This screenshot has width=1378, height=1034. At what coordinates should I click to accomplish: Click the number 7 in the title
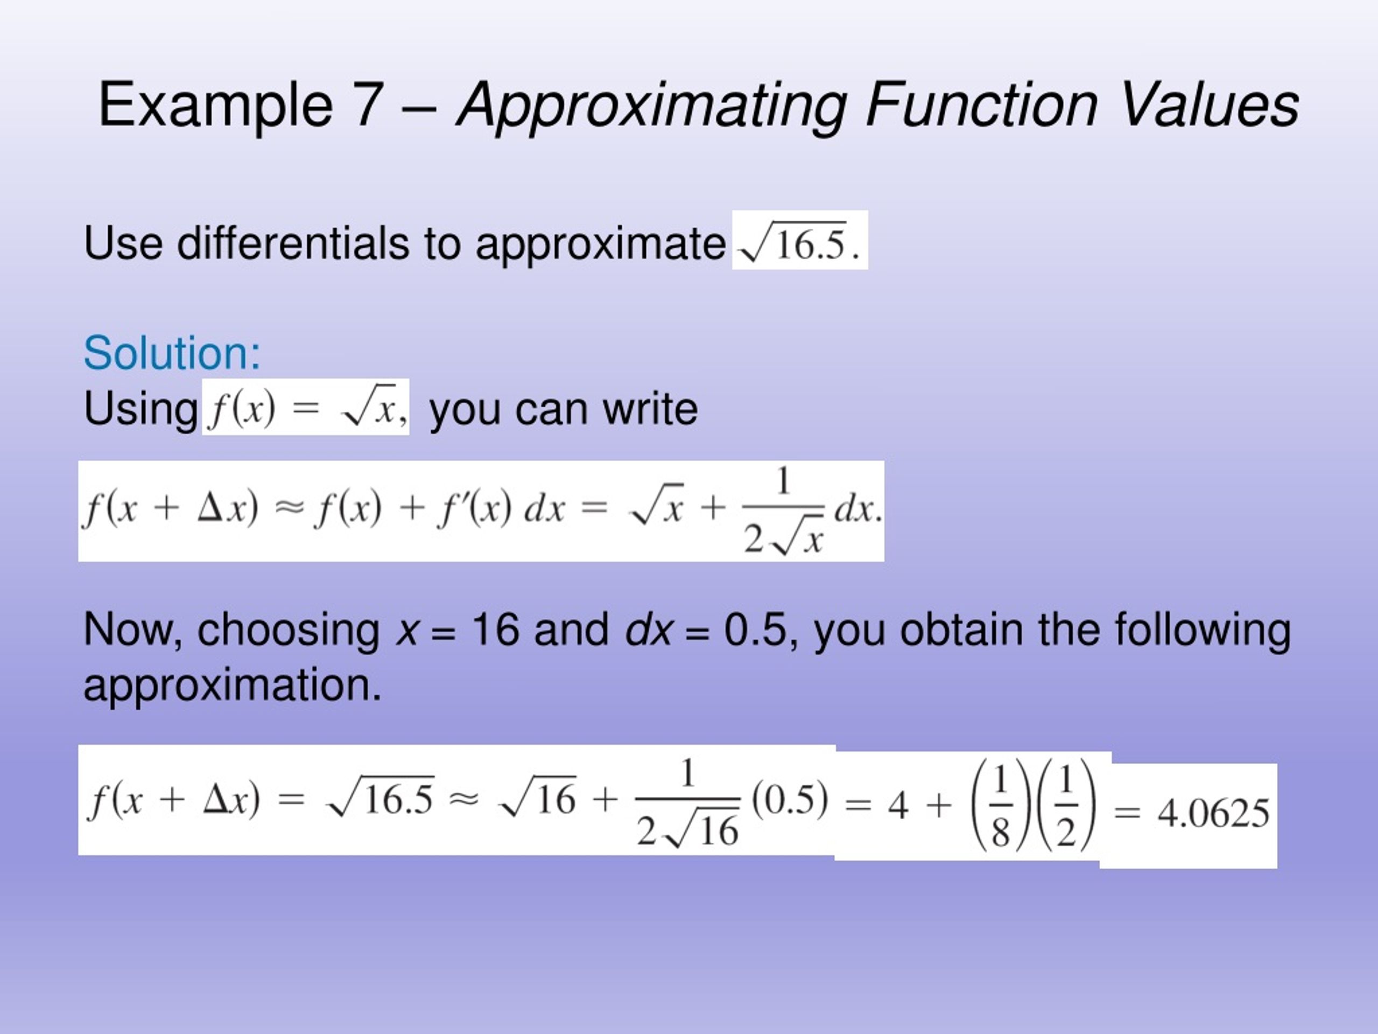click(368, 104)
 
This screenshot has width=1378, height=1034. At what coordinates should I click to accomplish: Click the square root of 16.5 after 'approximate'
click(795, 243)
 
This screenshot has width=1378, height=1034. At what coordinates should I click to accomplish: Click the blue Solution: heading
click(172, 353)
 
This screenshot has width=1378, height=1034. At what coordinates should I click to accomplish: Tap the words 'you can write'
click(564, 409)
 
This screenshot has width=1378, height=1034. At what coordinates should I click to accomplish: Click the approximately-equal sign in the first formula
click(290, 508)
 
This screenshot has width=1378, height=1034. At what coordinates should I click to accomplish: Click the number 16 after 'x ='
click(495, 630)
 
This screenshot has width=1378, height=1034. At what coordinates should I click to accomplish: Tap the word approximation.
click(232, 685)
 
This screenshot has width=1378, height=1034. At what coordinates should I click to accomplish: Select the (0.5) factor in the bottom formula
click(790, 799)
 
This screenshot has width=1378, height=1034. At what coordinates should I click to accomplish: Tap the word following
click(1203, 630)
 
